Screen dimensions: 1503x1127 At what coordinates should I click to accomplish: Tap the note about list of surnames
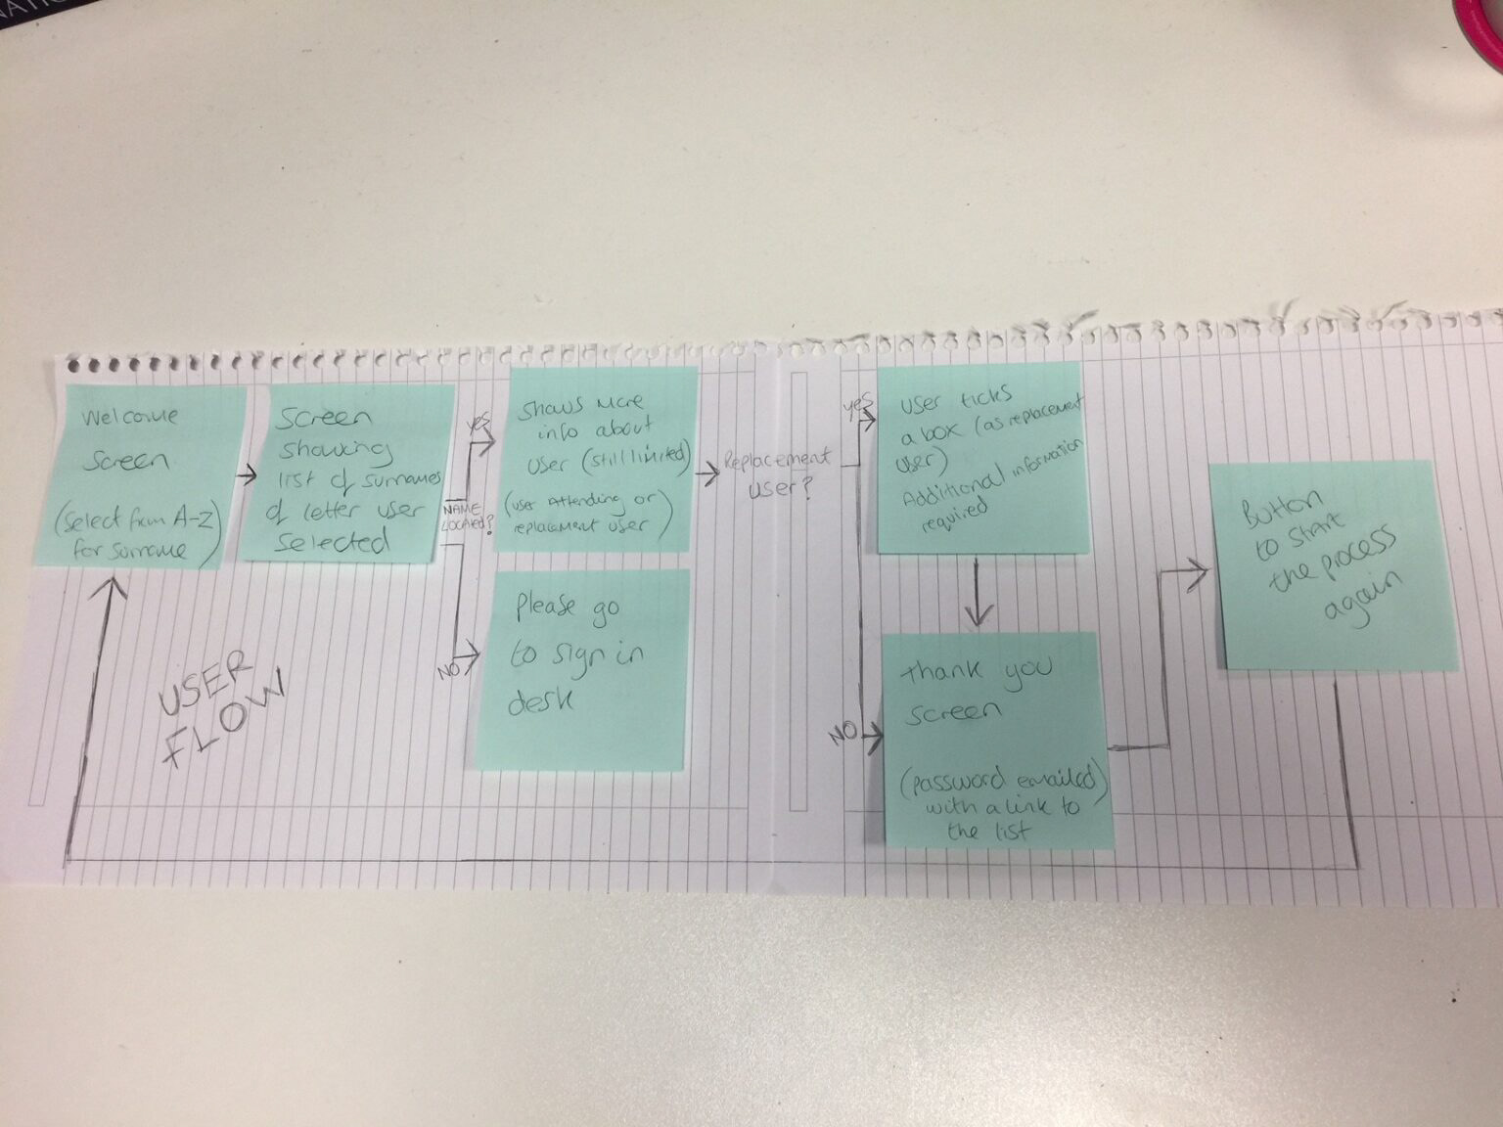pyautogui.click(x=348, y=475)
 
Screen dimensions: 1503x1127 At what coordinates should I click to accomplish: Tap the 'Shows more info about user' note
pyautogui.click(x=598, y=460)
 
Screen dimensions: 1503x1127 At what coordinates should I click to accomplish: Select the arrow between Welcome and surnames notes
pyautogui.click(x=246, y=475)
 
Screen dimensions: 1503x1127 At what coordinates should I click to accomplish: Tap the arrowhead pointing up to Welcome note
pyautogui.click(x=111, y=591)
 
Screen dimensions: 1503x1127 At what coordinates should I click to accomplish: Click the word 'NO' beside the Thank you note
pyautogui.click(x=843, y=732)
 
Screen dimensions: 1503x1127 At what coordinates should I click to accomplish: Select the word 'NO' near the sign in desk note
pyautogui.click(x=449, y=671)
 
